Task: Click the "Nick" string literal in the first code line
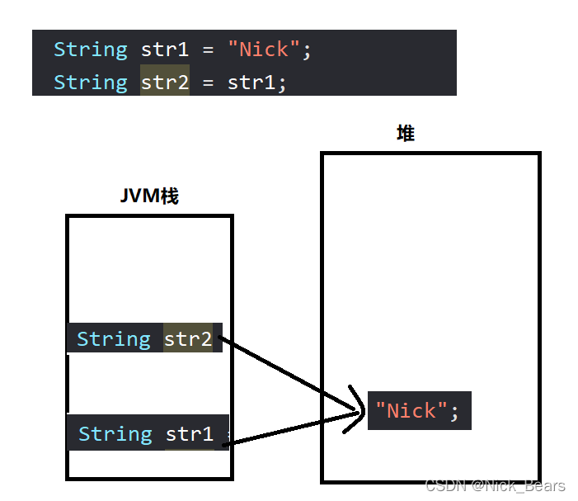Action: pyautogui.click(x=264, y=50)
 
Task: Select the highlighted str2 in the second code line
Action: pyautogui.click(x=165, y=83)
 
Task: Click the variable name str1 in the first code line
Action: pyautogui.click(x=165, y=50)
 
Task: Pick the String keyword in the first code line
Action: pyautogui.click(x=91, y=50)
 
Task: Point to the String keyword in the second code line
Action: pyautogui.click(x=91, y=83)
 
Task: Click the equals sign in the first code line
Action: pyautogui.click(x=208, y=50)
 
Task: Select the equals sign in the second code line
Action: pyautogui.click(x=208, y=83)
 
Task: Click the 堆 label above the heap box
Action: pyautogui.click(x=405, y=133)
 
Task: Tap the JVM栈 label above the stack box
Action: pyautogui.click(x=149, y=196)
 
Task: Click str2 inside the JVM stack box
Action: pyautogui.click(x=188, y=338)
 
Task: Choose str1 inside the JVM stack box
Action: pyautogui.click(x=190, y=433)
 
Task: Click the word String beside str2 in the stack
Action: pyautogui.click(x=114, y=338)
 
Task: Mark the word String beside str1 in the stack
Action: pyautogui.click(x=115, y=433)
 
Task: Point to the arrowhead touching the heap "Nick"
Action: pyautogui.click(x=358, y=409)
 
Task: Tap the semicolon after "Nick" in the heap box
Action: pyautogui.click(x=454, y=411)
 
